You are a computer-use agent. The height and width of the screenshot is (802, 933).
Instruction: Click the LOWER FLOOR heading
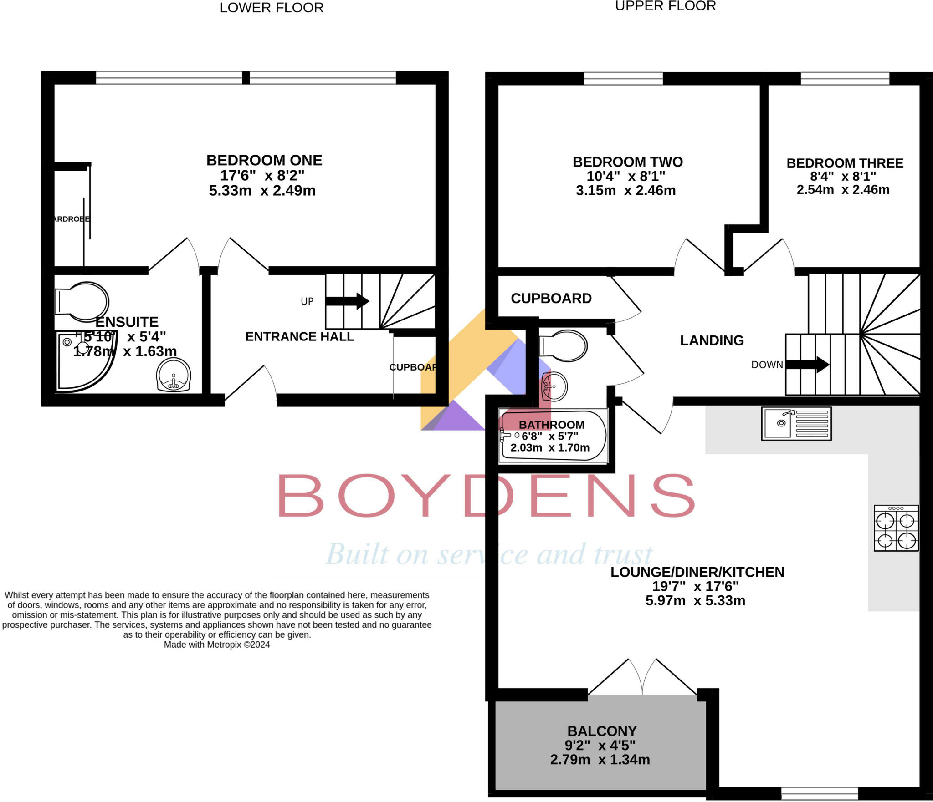click(x=272, y=8)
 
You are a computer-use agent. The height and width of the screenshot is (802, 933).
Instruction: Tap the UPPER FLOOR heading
click(x=665, y=6)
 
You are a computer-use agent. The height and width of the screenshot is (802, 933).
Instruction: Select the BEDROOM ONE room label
click(x=264, y=160)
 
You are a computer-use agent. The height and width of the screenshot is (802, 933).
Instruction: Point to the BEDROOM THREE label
click(x=845, y=163)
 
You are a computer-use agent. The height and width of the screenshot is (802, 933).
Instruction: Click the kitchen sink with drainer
click(x=796, y=423)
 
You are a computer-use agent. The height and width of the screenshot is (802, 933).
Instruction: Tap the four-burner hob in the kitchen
click(x=896, y=528)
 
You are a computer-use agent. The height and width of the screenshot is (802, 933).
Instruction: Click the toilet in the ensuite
click(x=82, y=301)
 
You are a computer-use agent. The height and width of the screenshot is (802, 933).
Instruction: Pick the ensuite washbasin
click(x=173, y=376)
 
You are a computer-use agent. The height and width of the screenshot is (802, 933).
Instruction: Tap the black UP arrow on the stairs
click(x=347, y=301)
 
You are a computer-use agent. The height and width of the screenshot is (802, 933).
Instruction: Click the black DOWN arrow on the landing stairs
click(x=807, y=364)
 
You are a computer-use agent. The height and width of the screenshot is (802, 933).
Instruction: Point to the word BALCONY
click(x=602, y=731)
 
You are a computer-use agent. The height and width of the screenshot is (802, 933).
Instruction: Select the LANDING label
click(x=712, y=340)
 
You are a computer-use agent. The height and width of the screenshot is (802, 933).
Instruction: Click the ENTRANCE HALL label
click(x=299, y=336)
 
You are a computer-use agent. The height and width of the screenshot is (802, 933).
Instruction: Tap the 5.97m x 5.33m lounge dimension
click(x=695, y=601)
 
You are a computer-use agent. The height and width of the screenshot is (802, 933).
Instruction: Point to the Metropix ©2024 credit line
click(x=217, y=645)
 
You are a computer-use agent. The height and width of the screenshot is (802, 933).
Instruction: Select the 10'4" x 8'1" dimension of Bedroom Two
click(x=625, y=176)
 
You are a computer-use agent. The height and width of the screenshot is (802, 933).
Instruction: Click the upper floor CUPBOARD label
click(x=551, y=298)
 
